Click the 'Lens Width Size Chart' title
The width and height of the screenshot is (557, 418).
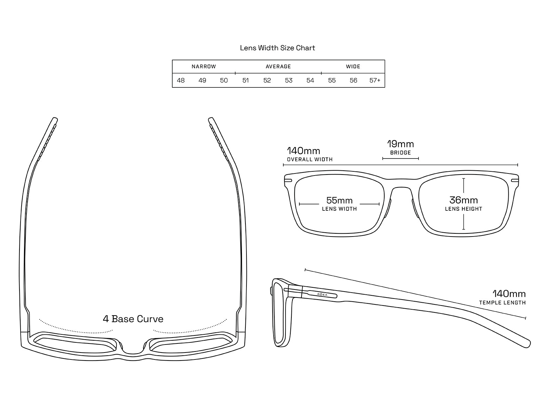coord(277,48)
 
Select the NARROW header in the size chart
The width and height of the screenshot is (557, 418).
coord(204,67)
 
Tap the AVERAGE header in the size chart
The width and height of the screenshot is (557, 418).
coord(278,67)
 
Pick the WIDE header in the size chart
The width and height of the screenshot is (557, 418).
coord(353,67)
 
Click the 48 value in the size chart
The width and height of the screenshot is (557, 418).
coord(181,80)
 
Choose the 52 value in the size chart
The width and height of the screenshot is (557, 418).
coord(267,80)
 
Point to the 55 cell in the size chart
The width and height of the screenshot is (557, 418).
coord(332,80)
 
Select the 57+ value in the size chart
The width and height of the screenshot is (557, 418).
coord(375,80)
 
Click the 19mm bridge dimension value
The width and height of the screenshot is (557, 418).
coord(400,144)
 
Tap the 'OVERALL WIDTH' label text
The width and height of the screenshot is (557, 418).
coord(310,160)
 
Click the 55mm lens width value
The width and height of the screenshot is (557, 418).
coord(339,200)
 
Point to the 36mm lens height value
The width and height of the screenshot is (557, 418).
coord(463,200)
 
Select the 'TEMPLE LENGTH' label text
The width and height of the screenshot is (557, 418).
coord(502,303)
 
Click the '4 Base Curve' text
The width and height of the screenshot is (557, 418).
coord(133,319)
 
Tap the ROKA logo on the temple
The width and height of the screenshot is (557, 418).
coord(322,294)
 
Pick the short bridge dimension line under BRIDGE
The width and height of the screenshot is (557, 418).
coord(400,158)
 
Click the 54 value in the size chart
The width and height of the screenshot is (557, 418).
coord(310,80)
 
